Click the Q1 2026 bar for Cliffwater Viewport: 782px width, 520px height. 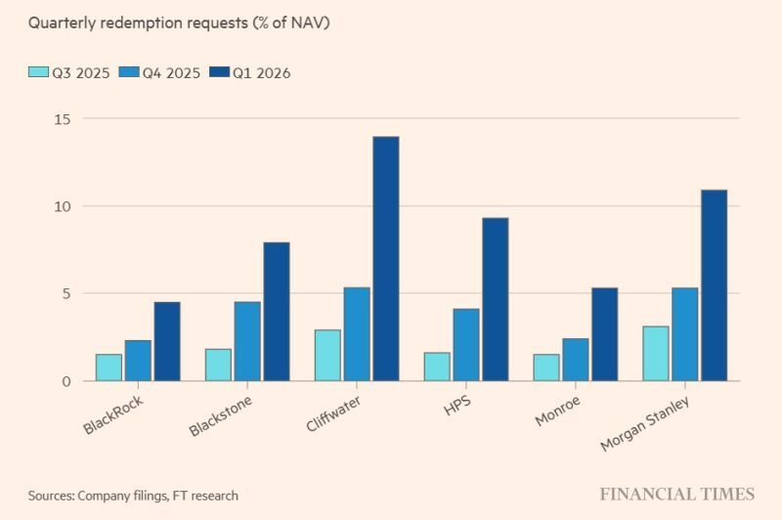click(385, 259)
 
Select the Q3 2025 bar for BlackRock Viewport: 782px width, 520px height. click(109, 368)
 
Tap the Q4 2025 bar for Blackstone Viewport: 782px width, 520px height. click(247, 341)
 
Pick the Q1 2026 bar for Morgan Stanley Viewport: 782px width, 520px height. click(714, 285)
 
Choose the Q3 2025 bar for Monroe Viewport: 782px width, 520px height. click(546, 368)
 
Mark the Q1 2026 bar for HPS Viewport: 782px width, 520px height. click(495, 299)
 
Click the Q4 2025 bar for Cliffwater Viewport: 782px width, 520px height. click(357, 334)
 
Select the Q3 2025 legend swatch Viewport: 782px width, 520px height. click(39, 72)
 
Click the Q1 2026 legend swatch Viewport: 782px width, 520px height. click(218, 72)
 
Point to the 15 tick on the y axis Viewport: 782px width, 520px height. click(64, 118)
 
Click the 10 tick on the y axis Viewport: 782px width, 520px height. click(64, 206)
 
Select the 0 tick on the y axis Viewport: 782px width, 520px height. click(67, 381)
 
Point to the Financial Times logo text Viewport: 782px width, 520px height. click(676, 494)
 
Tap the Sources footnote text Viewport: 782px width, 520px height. click(132, 496)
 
